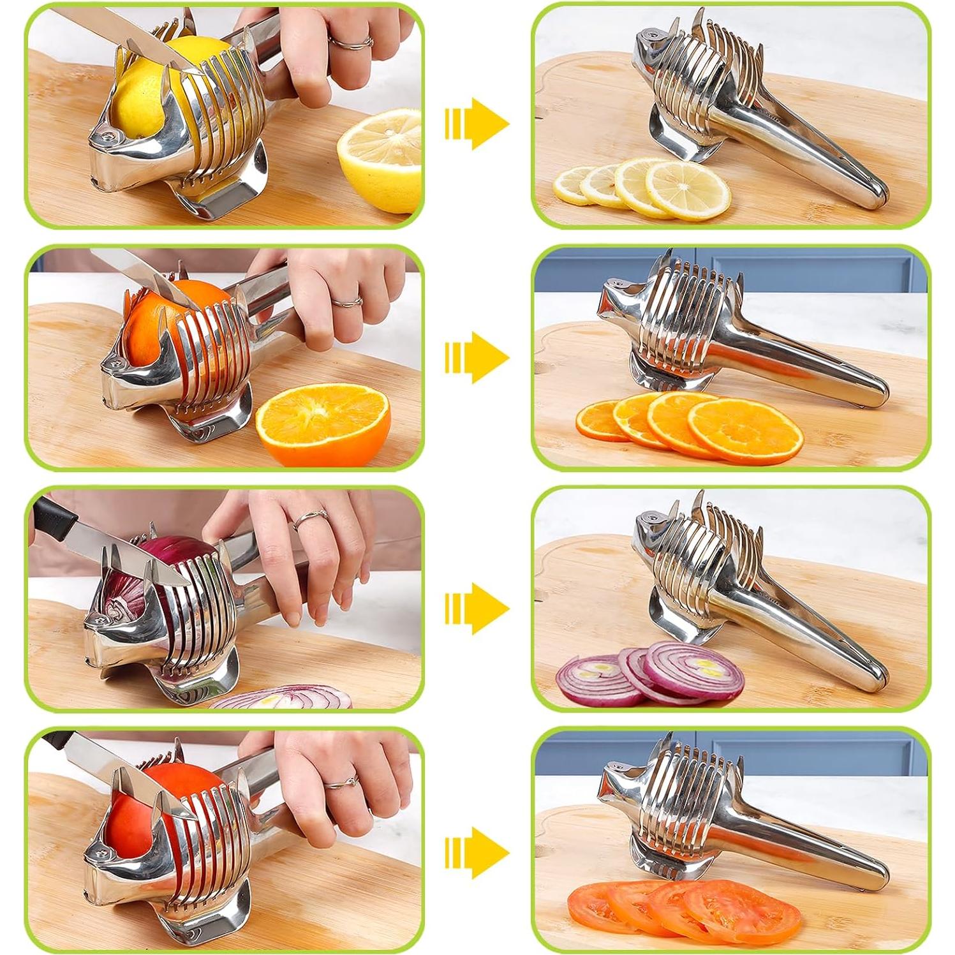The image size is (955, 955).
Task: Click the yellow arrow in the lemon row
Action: (477, 124)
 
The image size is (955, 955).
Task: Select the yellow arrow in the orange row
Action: (477, 357)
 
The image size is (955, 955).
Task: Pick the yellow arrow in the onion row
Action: (477, 608)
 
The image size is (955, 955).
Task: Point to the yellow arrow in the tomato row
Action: (477, 853)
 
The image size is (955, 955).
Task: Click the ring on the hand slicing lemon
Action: (350, 43)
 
